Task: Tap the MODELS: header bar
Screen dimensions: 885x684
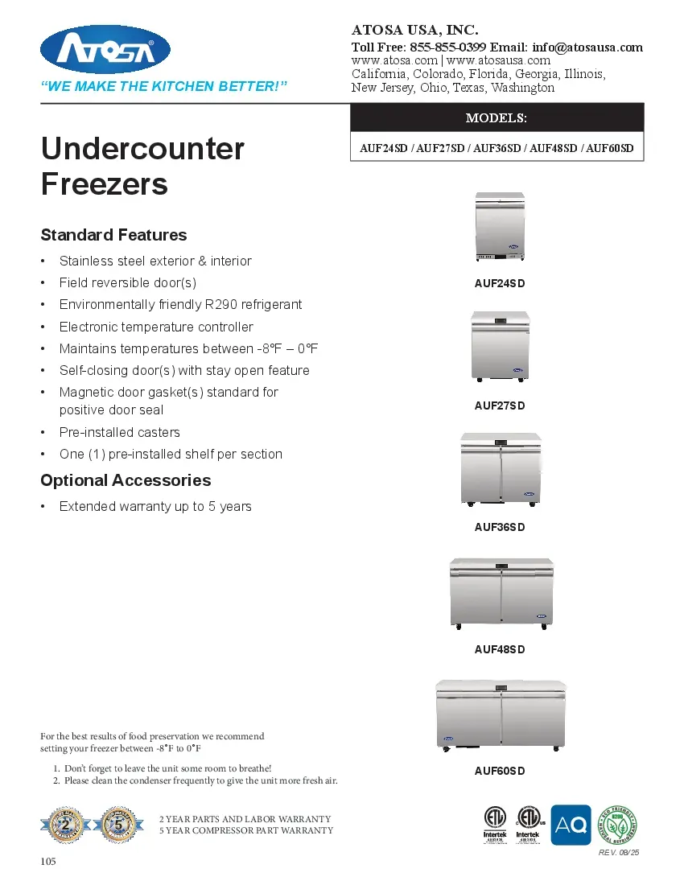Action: [497, 117]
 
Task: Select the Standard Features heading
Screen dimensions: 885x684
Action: [113, 235]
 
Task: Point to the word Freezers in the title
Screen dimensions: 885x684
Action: [105, 184]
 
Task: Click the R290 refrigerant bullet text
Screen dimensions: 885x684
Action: [180, 304]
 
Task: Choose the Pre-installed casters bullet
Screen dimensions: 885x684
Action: [120, 432]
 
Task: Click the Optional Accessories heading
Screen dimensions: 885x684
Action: [126, 480]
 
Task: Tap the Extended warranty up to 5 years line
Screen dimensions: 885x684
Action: [155, 506]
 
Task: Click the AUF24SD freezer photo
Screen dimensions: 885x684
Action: [500, 228]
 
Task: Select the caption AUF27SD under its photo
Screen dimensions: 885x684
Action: [500, 405]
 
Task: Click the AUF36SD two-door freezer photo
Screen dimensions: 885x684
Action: [500, 470]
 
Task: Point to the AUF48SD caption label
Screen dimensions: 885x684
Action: [500, 649]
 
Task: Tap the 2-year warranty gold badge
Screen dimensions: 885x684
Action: [66, 824]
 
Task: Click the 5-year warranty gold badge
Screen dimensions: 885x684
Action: [118, 824]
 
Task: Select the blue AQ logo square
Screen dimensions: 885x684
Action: [571, 825]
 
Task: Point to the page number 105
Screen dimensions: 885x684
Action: [49, 862]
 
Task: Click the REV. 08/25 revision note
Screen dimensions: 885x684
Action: [619, 853]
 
